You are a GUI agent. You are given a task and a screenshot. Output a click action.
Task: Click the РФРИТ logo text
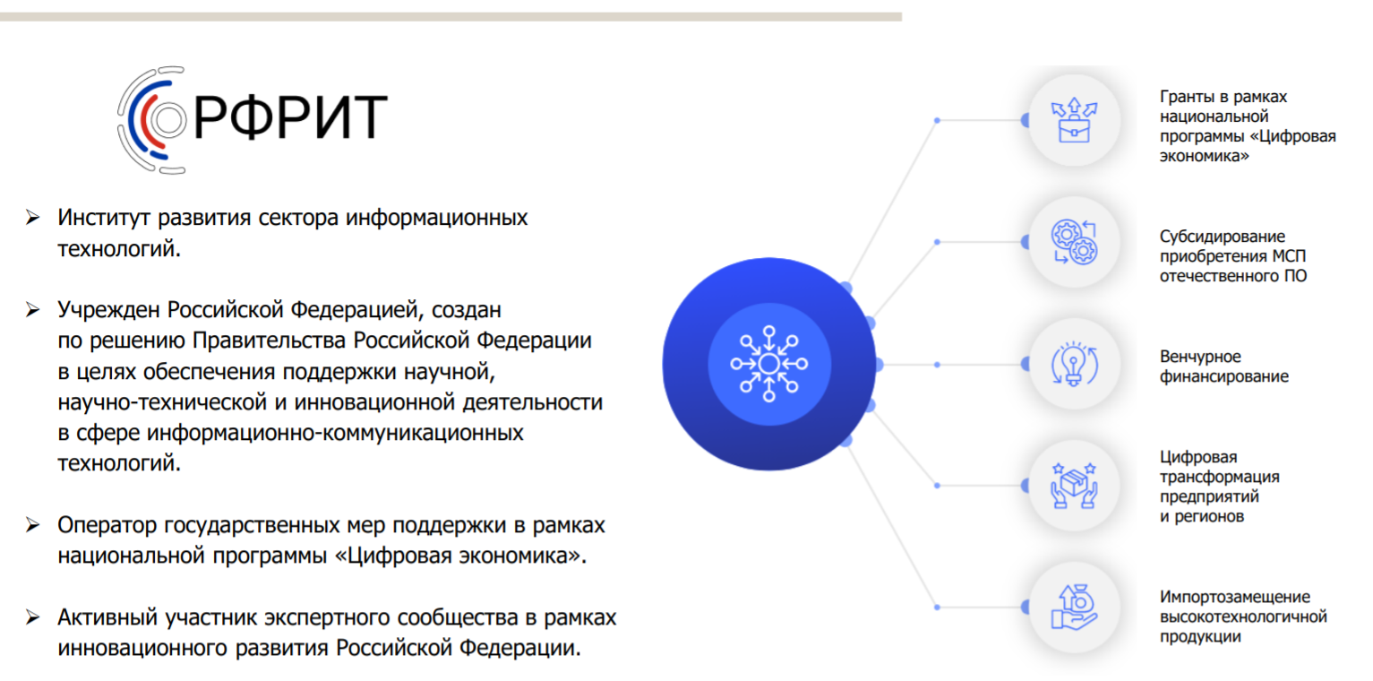[x=290, y=117]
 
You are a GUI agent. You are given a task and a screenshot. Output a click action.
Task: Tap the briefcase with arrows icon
[x=1074, y=120]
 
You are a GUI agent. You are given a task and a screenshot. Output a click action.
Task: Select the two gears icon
[x=1074, y=242]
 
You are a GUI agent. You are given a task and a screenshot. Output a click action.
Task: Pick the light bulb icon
[x=1074, y=364]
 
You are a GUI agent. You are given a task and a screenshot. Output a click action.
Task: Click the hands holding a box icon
[x=1074, y=486]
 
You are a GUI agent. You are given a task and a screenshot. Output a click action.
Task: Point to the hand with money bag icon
[x=1074, y=607]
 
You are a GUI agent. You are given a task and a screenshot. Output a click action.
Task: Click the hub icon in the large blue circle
[x=769, y=364]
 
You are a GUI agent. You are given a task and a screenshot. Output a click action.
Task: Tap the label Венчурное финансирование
[x=1223, y=366]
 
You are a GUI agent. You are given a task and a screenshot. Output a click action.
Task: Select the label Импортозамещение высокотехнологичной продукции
[x=1243, y=616]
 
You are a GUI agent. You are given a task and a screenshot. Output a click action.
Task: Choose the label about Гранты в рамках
[x=1248, y=125]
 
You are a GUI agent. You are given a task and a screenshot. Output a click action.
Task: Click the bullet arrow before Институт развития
[x=33, y=217]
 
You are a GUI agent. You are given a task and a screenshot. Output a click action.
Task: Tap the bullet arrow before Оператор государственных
[x=33, y=525]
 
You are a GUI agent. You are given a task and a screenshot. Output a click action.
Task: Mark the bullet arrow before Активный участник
[x=33, y=617]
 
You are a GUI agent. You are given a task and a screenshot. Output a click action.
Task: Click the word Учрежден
[x=109, y=310]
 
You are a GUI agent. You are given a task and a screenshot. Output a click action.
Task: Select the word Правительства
[x=270, y=340]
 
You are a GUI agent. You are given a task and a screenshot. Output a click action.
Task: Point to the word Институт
[x=104, y=218]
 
